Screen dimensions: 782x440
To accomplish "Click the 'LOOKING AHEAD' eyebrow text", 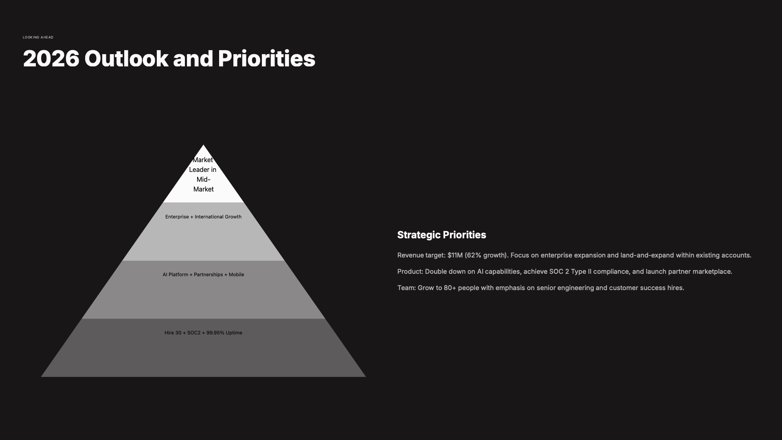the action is (x=38, y=37).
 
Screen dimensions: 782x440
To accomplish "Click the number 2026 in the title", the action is (x=51, y=59).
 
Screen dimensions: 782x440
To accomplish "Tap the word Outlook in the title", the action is (x=126, y=59).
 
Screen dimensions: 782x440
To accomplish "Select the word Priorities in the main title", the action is (x=266, y=59).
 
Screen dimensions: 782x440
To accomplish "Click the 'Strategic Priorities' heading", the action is (x=442, y=235).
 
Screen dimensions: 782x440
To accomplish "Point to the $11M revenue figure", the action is (x=455, y=255).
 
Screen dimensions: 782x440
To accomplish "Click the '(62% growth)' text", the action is (x=486, y=255).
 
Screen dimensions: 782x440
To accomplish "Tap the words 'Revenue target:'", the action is (x=421, y=255).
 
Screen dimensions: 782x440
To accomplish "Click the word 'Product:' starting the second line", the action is (x=410, y=272).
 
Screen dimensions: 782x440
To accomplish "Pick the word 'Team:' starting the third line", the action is (x=406, y=288).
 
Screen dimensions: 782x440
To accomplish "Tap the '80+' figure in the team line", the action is (x=450, y=288).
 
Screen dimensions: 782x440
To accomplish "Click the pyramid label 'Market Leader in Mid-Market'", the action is (x=203, y=174).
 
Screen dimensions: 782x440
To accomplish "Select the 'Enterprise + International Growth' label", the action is (x=203, y=217).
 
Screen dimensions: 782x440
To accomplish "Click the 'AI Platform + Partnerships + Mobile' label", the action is (x=203, y=275).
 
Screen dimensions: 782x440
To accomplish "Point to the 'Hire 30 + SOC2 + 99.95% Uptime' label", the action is (x=203, y=333).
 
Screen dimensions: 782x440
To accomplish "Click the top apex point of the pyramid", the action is (x=203, y=145).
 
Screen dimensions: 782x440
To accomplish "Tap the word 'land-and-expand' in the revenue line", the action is (x=647, y=255).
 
